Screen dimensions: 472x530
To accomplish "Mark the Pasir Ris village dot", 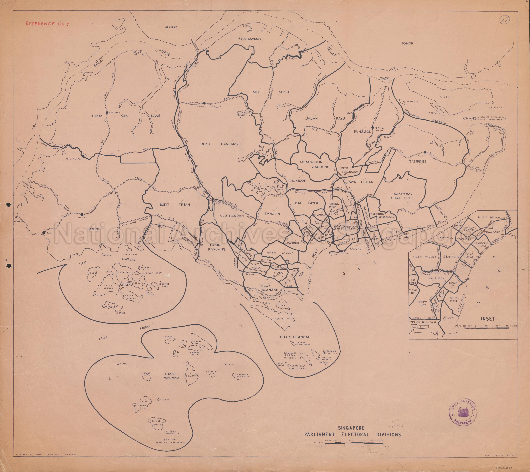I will [425, 152].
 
